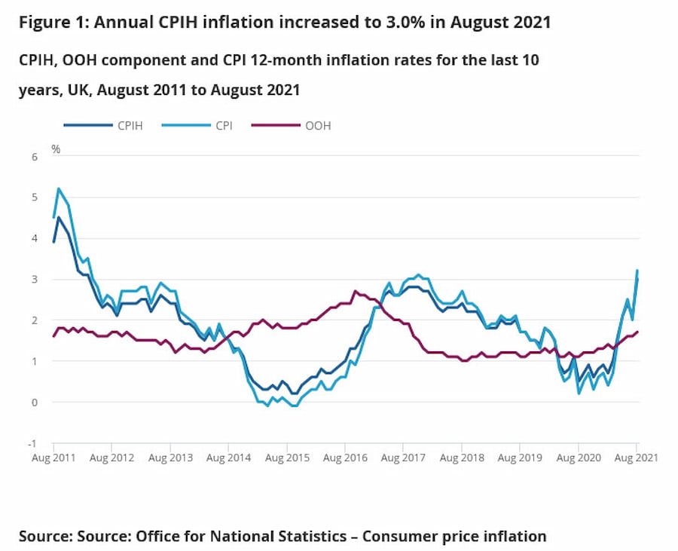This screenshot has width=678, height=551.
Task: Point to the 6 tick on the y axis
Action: click(x=33, y=156)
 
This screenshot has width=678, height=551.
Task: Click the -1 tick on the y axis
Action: click(x=32, y=443)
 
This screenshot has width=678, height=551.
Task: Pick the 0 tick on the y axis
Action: click(x=33, y=402)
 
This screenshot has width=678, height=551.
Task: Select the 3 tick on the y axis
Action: click(x=33, y=279)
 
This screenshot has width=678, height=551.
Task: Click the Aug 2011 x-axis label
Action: click(x=53, y=458)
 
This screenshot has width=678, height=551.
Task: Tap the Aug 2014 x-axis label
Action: click(x=228, y=458)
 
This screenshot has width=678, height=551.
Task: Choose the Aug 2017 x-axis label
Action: click(x=403, y=458)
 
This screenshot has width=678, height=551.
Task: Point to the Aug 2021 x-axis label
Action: click(x=637, y=458)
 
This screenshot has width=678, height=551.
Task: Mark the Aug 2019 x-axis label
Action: click(x=520, y=458)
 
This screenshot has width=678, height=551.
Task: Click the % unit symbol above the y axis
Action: click(x=56, y=148)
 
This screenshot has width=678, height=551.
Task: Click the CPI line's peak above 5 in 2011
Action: click(x=59, y=188)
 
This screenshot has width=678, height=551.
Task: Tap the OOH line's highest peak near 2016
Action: click(x=356, y=291)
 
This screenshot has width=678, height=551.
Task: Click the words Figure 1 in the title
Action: click(x=51, y=23)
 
